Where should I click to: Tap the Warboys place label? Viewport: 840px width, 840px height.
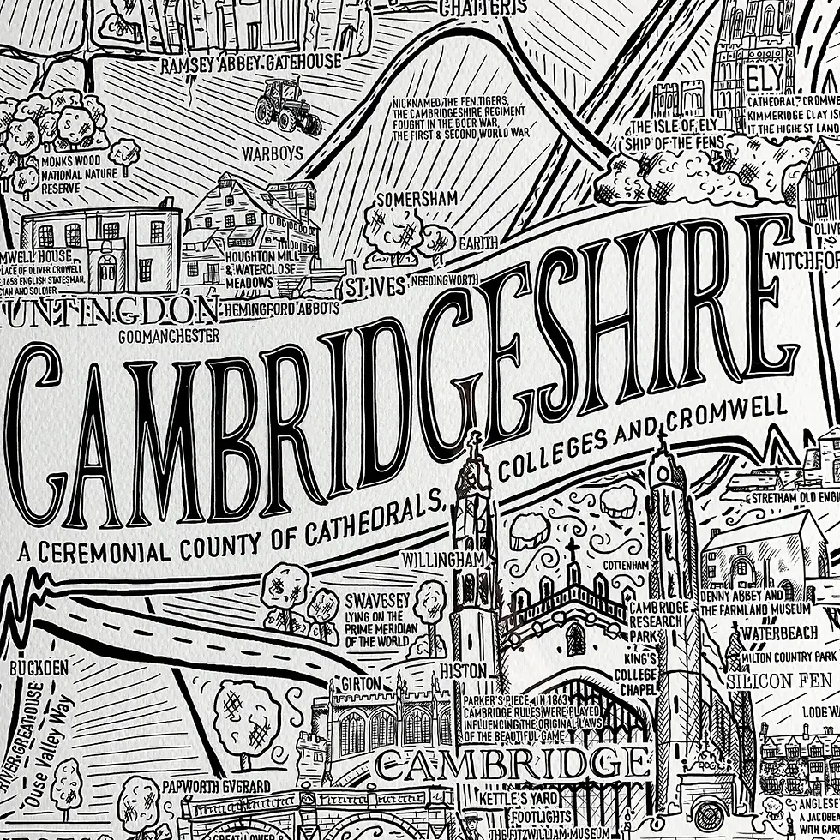(273, 154)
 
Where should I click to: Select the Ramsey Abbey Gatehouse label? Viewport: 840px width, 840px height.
(252, 62)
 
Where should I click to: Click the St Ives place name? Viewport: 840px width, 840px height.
(375, 287)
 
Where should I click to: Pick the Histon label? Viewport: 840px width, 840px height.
(464, 669)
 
